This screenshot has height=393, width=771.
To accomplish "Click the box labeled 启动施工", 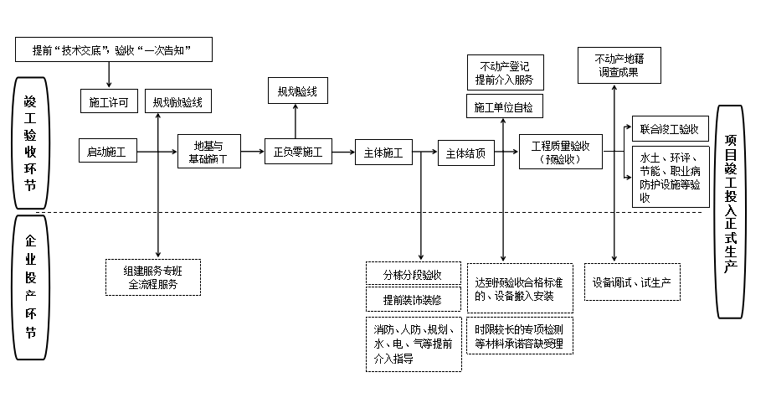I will point(107,152).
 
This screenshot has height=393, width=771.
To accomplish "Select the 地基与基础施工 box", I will point(208,152).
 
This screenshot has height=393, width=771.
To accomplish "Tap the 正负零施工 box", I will point(297,153).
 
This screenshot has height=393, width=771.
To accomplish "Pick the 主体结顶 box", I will point(465,153).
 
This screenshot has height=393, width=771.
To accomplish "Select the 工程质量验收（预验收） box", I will point(560,152).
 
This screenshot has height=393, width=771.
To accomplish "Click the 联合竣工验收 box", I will point(669,129).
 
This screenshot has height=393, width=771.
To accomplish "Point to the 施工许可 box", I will point(108,102).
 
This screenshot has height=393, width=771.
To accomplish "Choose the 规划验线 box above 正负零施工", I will point(297,90).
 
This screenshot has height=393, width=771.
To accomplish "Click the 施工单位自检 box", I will point(503,106).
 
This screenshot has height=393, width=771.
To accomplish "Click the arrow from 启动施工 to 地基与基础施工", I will point(157,153).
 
